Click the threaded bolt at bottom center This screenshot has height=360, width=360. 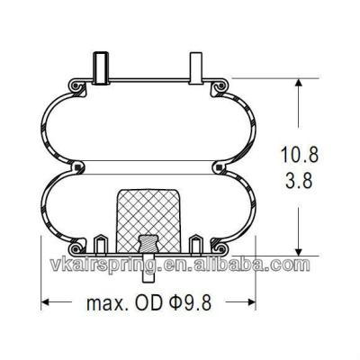147,249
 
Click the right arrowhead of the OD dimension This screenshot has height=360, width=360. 252,300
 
